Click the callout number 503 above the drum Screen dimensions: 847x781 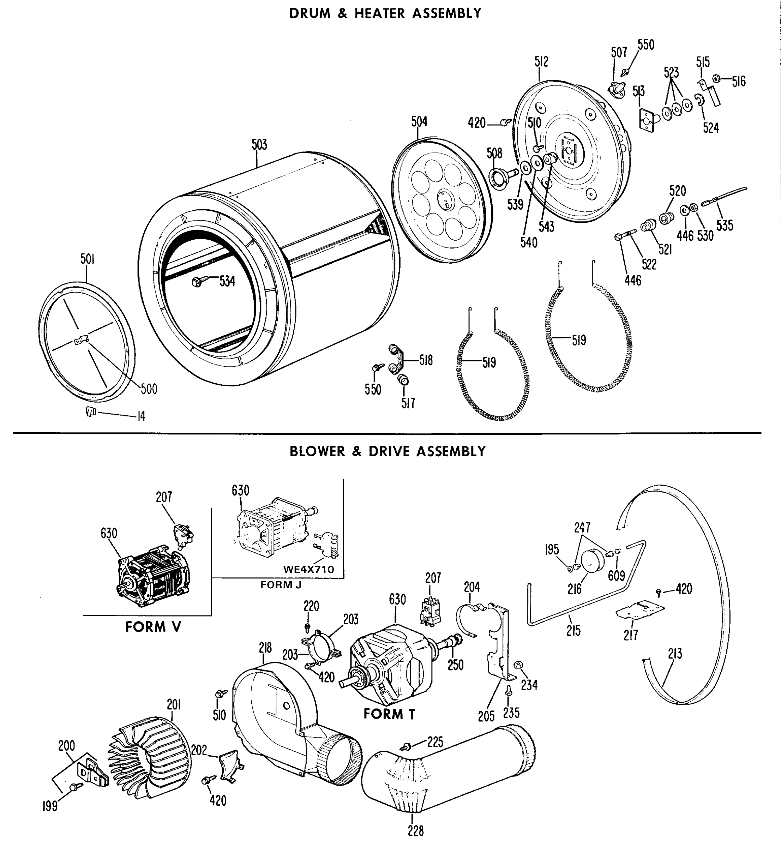259,145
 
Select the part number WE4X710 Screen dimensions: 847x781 308,569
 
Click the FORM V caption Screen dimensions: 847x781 153,627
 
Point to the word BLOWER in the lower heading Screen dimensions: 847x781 317,451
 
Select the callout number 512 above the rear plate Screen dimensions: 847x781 541,62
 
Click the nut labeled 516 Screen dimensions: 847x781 716,79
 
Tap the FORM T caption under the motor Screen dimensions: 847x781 389,714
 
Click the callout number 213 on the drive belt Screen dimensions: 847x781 675,654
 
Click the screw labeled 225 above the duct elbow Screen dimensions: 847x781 407,746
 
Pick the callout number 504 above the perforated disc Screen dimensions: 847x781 419,122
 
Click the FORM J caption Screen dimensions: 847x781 281,584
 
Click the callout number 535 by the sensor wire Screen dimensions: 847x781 725,225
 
